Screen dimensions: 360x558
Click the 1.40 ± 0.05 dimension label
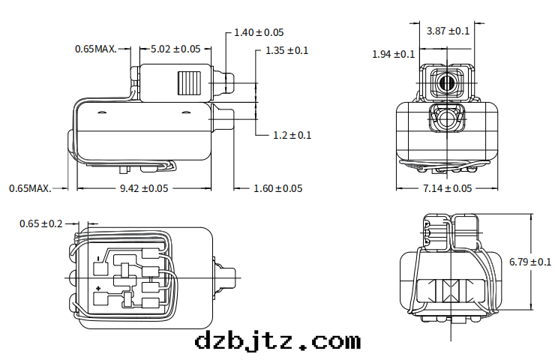(x=259, y=32)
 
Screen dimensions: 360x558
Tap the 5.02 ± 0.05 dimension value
(x=175, y=49)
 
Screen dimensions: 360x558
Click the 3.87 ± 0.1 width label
(x=448, y=31)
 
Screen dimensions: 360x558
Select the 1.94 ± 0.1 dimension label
(x=394, y=54)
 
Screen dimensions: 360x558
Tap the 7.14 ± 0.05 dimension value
(x=448, y=188)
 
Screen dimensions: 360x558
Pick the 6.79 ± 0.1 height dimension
(x=530, y=262)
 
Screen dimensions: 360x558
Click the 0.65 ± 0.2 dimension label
(x=41, y=223)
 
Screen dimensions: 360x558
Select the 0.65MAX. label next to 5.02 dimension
(x=95, y=49)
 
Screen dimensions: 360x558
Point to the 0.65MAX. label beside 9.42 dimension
(x=30, y=188)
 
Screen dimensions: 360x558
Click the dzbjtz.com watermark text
(x=277, y=342)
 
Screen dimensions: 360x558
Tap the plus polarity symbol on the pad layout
(x=98, y=288)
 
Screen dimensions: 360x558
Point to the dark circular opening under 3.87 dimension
(x=448, y=82)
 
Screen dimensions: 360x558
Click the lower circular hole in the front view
(x=448, y=118)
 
